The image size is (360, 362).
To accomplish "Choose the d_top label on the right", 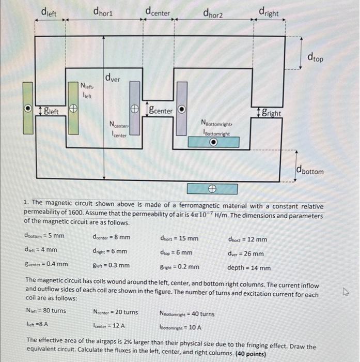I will coord(315,57).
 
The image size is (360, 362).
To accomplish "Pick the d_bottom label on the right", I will coord(310,170).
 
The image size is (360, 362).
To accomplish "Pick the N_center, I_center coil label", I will coord(119,129).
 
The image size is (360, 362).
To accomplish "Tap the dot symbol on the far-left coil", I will coord(29,109).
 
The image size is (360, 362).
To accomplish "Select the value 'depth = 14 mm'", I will coord(249,268).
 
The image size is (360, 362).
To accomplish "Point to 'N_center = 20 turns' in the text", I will coord(115,312).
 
